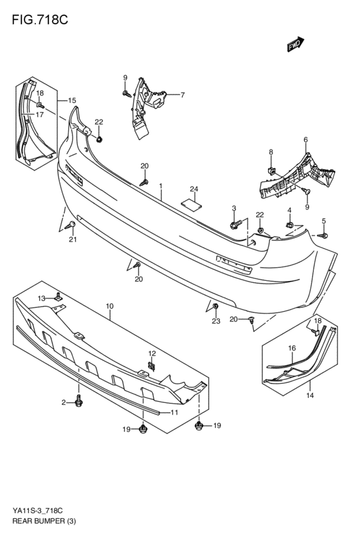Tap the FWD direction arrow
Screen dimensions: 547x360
point(294,44)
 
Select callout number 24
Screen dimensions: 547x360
point(194,189)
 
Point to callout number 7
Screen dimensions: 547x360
point(182,95)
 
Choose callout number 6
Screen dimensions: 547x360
point(305,139)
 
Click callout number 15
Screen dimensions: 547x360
point(72,101)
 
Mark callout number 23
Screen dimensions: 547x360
point(216,321)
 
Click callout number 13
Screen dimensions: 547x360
point(40,298)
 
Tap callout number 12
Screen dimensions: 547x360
point(152,354)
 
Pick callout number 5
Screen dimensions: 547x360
point(323,220)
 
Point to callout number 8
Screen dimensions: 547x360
point(271,152)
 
